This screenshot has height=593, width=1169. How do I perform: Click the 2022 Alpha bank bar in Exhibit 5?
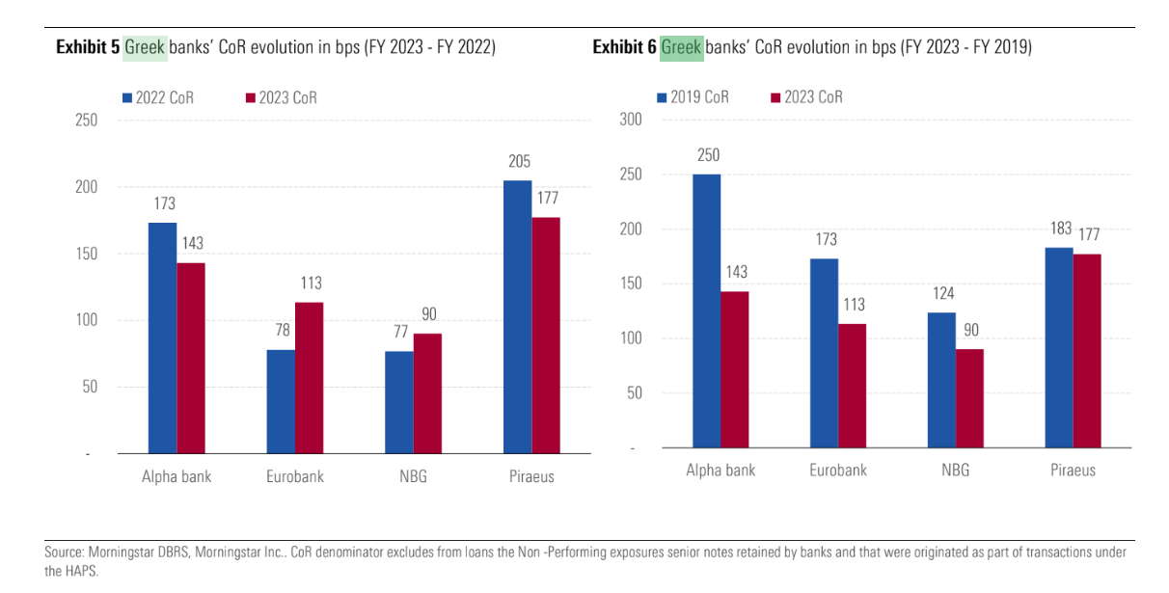pyautogui.click(x=162, y=337)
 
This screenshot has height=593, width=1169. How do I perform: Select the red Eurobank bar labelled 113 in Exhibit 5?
pyautogui.click(x=310, y=377)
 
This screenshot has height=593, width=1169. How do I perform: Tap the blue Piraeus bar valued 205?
pyautogui.click(x=518, y=316)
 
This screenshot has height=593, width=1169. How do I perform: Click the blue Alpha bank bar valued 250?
pyautogui.click(x=706, y=310)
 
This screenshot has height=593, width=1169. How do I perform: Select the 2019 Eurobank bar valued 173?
pyautogui.click(x=825, y=353)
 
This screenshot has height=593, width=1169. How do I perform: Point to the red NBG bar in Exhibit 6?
pyautogui.click(x=969, y=397)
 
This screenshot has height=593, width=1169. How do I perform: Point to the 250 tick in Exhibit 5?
pyautogui.click(x=87, y=121)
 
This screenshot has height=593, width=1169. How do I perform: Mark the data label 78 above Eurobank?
pyautogui.click(x=281, y=331)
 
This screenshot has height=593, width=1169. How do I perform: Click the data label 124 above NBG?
pyautogui.click(x=942, y=294)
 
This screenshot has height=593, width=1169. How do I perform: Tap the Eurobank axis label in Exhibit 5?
pyautogui.click(x=295, y=476)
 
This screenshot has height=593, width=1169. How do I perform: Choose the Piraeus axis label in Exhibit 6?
pyautogui.click(x=1073, y=471)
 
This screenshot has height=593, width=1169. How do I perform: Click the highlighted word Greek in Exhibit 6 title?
pyautogui.click(x=681, y=47)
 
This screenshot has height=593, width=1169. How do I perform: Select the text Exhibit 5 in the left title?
pyautogui.click(x=87, y=47)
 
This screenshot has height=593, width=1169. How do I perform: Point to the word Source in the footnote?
pyautogui.click(x=64, y=553)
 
